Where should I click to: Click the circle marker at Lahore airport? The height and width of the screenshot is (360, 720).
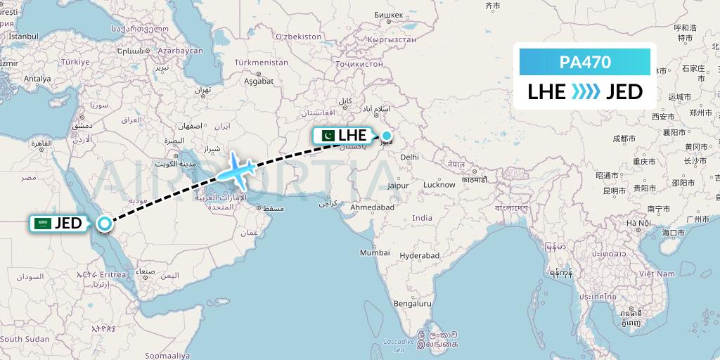tap(387, 136)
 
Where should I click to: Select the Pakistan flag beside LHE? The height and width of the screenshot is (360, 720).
tap(328, 135)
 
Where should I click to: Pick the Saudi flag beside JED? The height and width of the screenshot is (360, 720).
tap(43, 224)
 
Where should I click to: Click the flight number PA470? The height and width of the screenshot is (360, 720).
tap(584, 63)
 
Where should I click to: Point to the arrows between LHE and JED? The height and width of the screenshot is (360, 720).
tap(586, 91)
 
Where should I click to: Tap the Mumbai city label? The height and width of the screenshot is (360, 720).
tap(375, 252)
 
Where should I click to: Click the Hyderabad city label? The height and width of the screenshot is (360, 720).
tap(419, 256)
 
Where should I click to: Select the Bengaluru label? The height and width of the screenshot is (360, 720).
tap(412, 304)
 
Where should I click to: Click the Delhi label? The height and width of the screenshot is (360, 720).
tap(409, 157)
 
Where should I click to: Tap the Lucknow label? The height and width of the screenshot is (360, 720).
tap(439, 185)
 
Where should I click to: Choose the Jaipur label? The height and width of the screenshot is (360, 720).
tap(399, 186)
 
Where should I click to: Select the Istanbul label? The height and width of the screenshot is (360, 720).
tap(23, 36)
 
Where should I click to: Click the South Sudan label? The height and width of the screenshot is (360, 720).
tap(25, 339)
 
